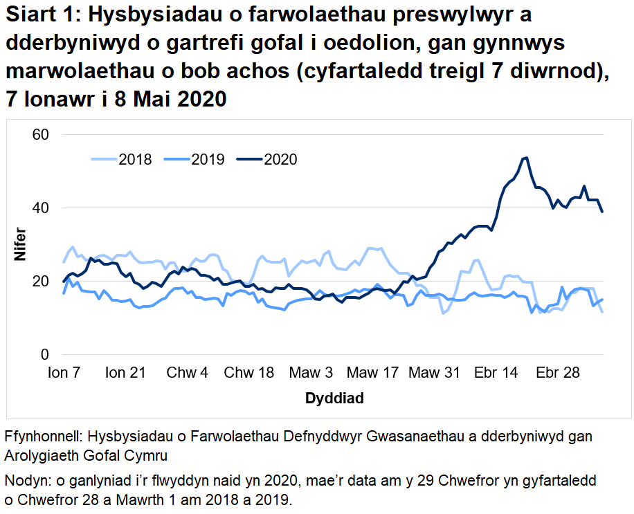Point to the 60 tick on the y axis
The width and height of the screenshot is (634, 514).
(40, 134)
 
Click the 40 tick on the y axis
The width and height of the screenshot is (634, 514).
(40, 208)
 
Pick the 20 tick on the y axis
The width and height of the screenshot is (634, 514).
(40, 281)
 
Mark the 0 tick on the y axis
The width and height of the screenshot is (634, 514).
(44, 355)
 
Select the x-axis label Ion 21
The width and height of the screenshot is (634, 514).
(125, 374)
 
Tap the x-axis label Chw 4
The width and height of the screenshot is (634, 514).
(187, 374)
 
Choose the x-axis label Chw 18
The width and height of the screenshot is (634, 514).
(249, 374)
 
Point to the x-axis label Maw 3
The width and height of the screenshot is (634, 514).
(310, 374)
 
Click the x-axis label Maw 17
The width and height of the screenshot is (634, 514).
(372, 374)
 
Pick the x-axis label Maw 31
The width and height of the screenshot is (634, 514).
(434, 374)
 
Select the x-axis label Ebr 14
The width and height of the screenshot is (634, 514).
(496, 374)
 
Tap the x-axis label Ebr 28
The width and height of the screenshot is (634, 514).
(557, 374)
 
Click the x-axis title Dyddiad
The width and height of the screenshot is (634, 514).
(334, 399)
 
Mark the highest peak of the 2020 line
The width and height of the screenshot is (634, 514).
(527, 158)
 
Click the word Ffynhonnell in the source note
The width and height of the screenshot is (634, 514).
(42, 438)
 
